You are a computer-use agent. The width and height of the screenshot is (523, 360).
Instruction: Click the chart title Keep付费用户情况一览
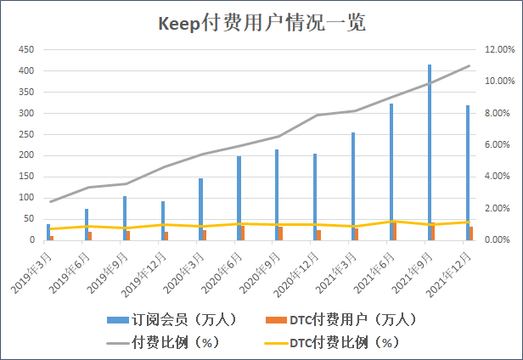(x=261, y=23)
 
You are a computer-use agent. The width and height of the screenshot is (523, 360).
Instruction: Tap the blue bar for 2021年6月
(x=391, y=172)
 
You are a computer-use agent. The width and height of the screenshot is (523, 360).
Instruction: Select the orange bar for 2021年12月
(x=471, y=233)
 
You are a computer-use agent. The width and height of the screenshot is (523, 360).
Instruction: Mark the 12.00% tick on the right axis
(x=497, y=49)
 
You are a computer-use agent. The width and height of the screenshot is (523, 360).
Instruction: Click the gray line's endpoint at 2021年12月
(x=470, y=65)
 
